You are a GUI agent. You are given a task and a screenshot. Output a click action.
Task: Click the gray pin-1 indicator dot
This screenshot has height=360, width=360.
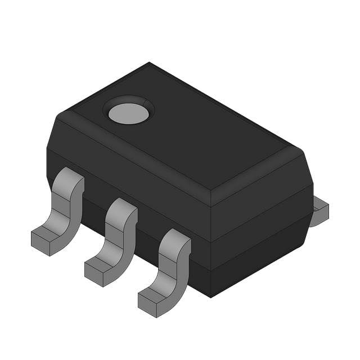click(129, 113)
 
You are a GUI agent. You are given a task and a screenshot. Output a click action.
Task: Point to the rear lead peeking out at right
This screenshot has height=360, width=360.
click(319, 211)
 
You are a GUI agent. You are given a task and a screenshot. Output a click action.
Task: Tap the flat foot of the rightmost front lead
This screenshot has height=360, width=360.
click(153, 300)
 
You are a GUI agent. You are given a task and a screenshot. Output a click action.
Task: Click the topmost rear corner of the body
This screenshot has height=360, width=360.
click(149, 62)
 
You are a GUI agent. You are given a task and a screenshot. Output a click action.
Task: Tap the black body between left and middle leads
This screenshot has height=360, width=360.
click(93, 208)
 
